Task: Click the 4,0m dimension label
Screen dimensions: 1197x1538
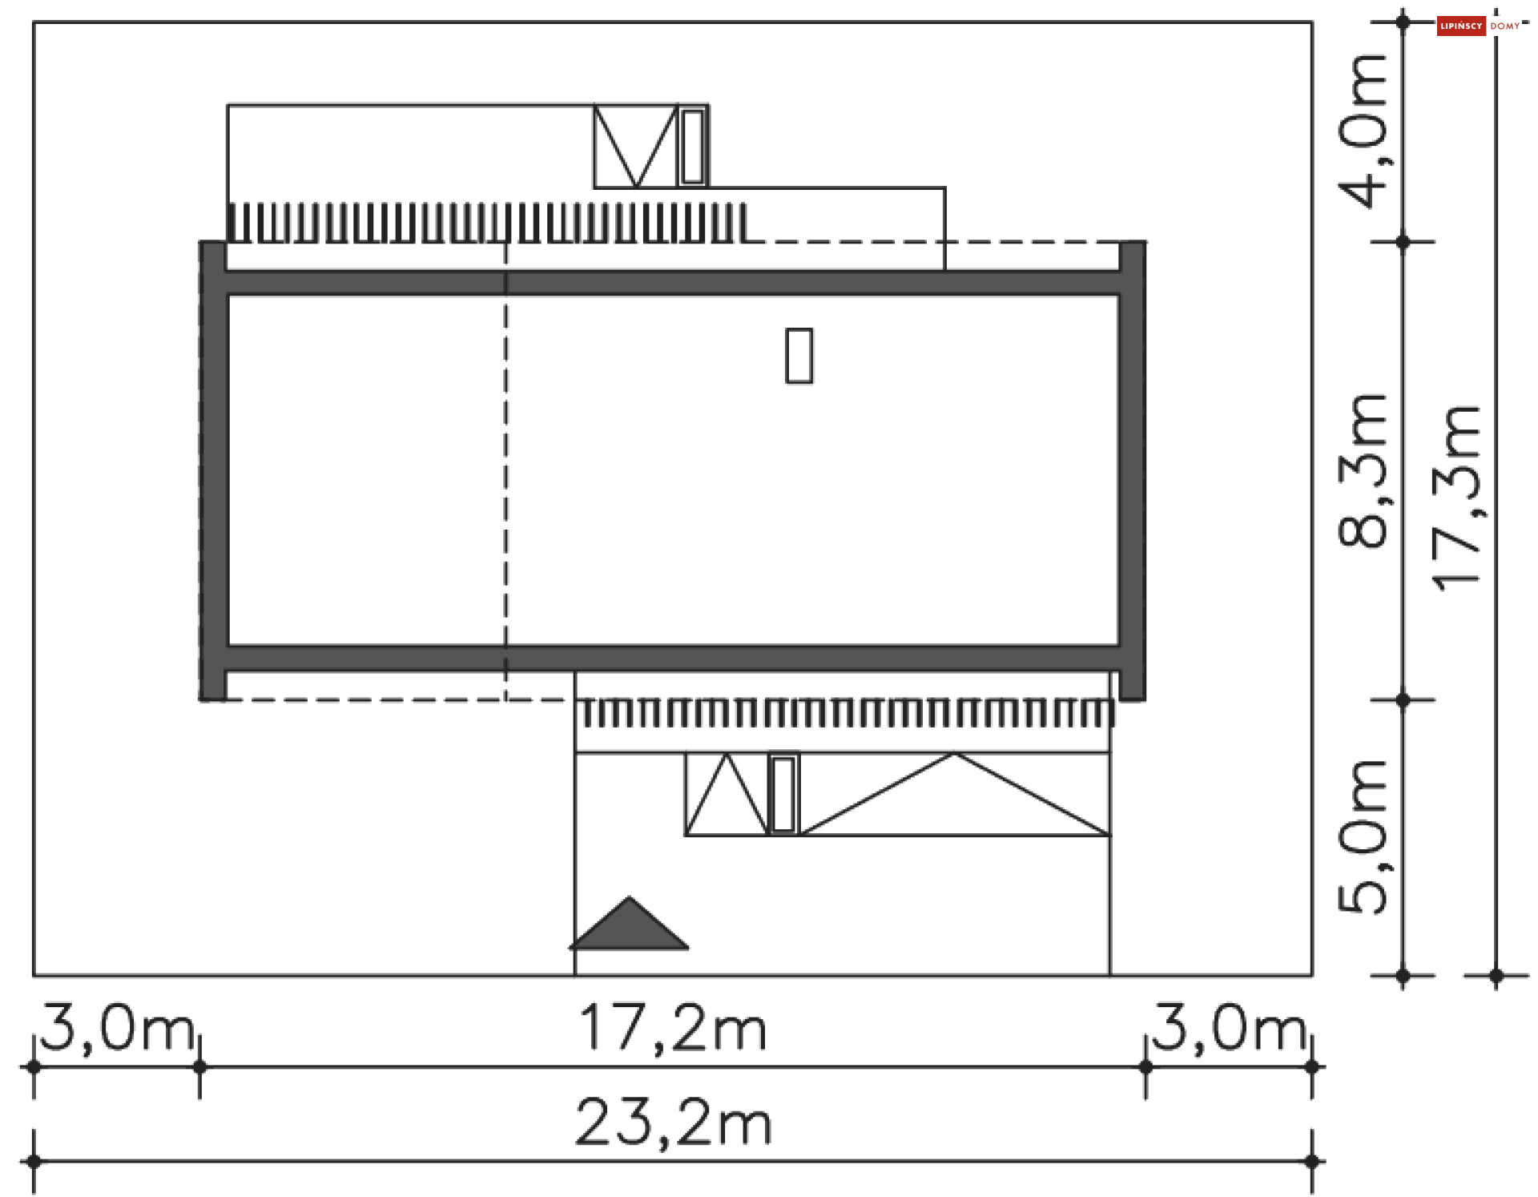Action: point(1363,131)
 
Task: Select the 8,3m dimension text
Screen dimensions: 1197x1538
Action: point(1363,471)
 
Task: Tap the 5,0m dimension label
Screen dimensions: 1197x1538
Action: point(1363,836)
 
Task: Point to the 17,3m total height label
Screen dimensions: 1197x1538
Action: point(1457,498)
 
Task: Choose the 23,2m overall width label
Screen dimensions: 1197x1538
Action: point(673,1122)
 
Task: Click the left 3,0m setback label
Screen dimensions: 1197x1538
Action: point(117,1028)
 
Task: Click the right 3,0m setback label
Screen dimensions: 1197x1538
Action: point(1229,1028)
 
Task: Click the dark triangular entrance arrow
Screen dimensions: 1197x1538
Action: point(630,927)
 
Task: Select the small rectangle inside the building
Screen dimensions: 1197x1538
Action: point(799,356)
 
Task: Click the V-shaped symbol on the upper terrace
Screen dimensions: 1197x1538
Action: point(636,145)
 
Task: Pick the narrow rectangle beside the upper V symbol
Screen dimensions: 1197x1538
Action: point(693,147)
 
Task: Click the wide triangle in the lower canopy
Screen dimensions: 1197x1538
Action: point(955,801)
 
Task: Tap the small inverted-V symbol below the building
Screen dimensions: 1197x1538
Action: point(727,797)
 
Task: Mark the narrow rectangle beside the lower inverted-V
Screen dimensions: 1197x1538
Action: point(783,794)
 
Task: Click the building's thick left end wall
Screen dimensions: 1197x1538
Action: point(213,471)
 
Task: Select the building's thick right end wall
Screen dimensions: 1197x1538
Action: point(1132,471)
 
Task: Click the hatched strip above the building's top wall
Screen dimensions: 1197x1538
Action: point(489,223)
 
